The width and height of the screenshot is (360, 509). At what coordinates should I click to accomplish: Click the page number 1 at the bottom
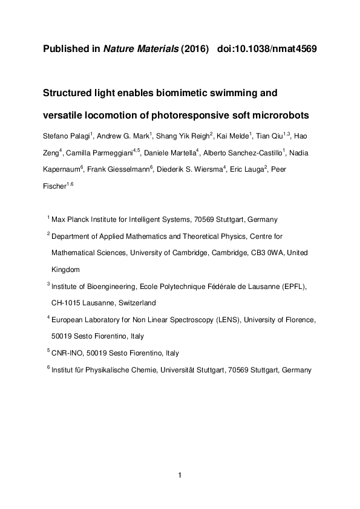(x=180, y=475)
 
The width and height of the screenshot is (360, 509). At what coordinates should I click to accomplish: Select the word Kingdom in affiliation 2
(x=65, y=270)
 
